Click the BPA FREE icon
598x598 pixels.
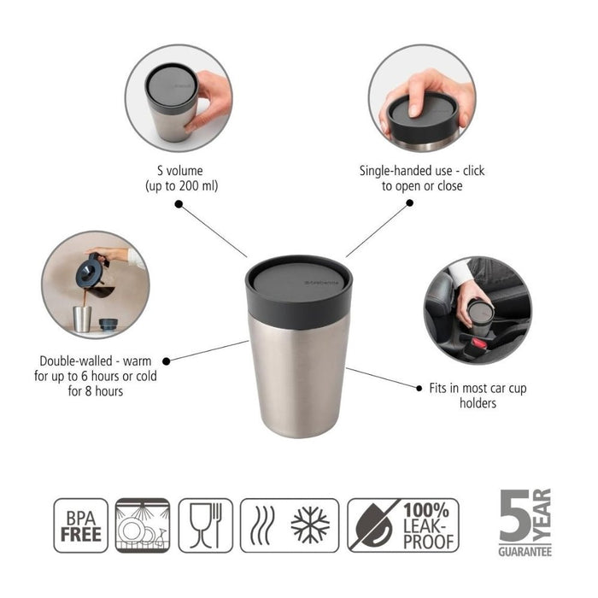tap(81, 525)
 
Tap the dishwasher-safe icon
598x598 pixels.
tap(143, 525)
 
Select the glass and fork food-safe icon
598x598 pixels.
tap(205, 525)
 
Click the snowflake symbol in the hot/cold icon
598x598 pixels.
tap(310, 525)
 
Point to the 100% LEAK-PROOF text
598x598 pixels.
tap(426, 525)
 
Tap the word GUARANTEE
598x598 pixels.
tap(525, 551)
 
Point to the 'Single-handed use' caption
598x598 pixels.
tap(421, 178)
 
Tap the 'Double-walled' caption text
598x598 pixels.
tap(97, 376)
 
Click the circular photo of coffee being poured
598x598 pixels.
tap(95, 284)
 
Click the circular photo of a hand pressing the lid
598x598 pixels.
tap(422, 97)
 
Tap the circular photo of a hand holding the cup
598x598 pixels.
tap(179, 97)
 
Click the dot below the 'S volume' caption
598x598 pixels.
tap(179, 204)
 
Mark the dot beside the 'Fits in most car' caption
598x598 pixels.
tap(419, 388)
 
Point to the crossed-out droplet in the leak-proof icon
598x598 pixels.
tap(372, 525)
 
